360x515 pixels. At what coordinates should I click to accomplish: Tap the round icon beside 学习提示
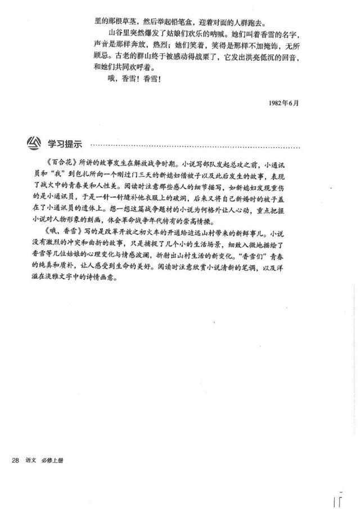coord(35,143)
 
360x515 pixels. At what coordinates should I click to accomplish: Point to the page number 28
coord(16,461)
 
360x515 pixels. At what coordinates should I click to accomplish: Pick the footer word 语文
coord(31,461)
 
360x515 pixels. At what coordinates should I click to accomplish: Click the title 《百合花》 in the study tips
coord(56,167)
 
